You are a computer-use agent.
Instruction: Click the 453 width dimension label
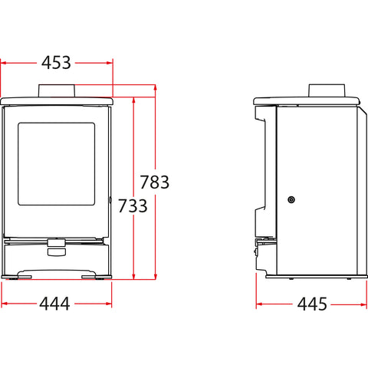(56, 63)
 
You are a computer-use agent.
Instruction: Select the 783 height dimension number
(154, 182)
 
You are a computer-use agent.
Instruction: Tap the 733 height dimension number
(133, 205)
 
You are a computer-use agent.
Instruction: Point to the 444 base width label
(54, 304)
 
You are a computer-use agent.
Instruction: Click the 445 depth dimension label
(312, 304)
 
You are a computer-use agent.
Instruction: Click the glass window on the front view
(56, 164)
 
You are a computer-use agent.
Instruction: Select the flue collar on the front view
(57, 90)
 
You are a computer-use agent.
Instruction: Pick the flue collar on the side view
(327, 90)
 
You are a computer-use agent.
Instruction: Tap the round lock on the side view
(291, 199)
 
